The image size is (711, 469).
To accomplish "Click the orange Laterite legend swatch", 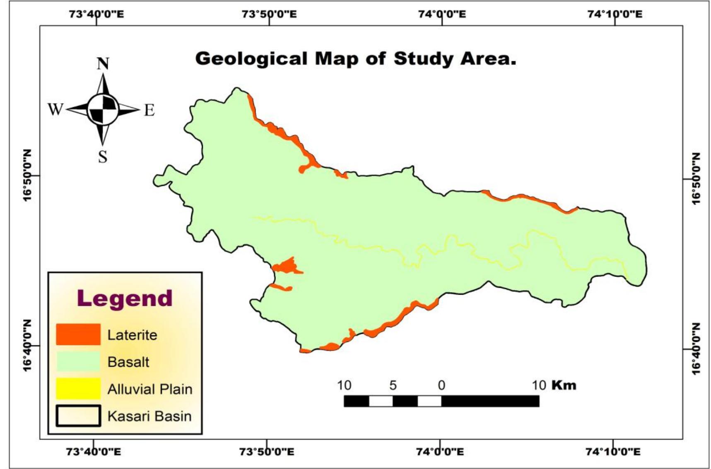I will [78, 334].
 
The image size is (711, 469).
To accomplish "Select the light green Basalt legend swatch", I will [78, 361].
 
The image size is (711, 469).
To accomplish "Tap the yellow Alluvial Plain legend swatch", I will [78, 389].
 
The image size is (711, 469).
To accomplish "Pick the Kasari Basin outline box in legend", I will [78, 416].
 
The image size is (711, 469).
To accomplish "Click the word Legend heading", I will [125, 298].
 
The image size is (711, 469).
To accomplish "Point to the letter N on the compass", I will [103, 64].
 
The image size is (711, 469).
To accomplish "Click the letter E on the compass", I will [149, 111].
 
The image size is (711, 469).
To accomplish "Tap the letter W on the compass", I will [55, 110].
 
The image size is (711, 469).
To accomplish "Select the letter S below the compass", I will [103, 157].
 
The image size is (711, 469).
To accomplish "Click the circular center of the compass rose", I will [103, 110].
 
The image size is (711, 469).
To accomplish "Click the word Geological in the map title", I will [251, 58].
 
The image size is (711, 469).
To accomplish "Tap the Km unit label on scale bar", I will [564, 385].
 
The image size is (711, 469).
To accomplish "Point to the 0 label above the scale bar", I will [441, 385].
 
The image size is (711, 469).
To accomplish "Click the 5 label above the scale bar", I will [393, 385].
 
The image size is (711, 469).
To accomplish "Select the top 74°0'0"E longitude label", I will [441, 14].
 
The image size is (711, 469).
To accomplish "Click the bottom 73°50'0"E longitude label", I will [267, 451].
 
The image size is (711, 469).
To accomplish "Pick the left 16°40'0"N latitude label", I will [27, 346].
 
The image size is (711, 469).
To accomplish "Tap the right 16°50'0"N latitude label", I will [696, 178].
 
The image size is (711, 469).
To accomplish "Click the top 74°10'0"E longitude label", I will [615, 14].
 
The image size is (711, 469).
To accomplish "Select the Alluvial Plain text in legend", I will [150, 389].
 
